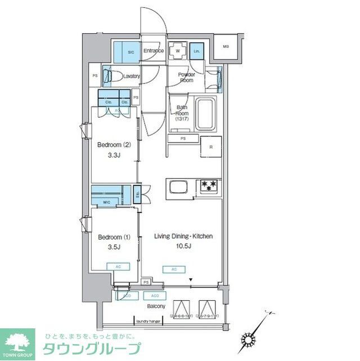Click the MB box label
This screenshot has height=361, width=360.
(226, 47)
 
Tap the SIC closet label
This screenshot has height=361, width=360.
(131, 51)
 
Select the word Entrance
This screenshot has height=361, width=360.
(153, 51)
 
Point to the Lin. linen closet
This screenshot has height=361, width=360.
(196, 51)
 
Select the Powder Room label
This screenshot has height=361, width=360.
(186, 78)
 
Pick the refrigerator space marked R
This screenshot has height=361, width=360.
(211, 148)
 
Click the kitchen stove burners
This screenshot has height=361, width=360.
(208, 185)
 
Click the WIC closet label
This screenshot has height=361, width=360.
(107, 202)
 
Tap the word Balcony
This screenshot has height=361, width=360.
(156, 306)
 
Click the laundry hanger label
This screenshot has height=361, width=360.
(148, 321)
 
